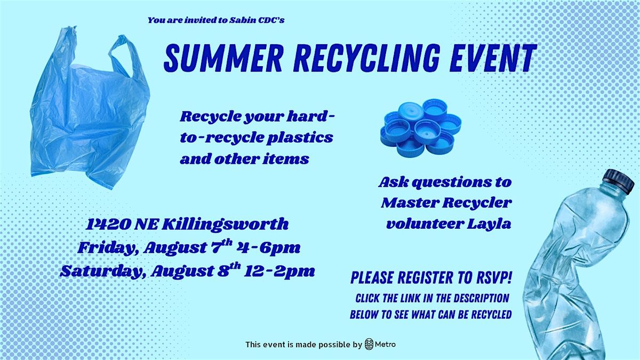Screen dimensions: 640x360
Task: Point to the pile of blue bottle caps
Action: [421, 127]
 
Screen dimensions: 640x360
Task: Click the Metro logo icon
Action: [369, 345]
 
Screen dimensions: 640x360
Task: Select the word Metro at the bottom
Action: [386, 345]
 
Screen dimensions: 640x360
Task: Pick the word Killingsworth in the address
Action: [225, 225]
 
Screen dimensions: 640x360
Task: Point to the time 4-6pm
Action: [268, 247]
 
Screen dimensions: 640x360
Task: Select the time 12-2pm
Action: [279, 271]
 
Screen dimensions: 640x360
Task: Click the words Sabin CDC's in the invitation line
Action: [257, 20]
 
